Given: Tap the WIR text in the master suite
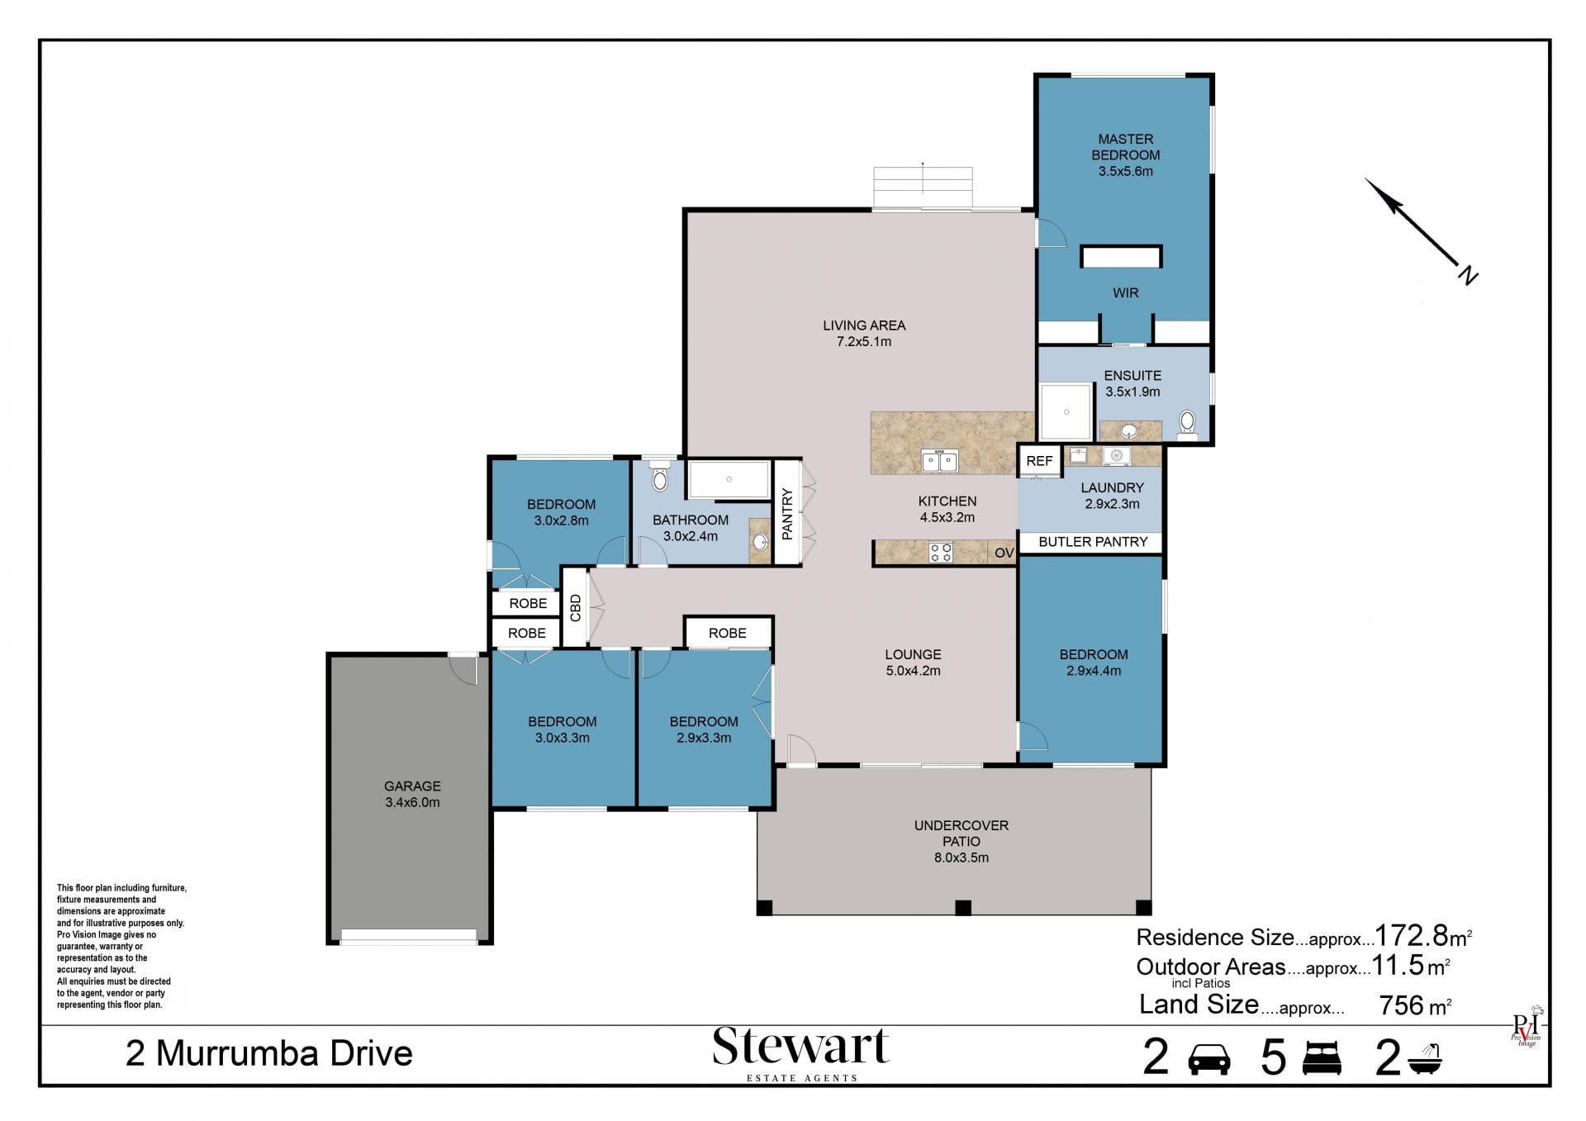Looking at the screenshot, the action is [1125, 293].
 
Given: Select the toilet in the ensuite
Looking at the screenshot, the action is [1187, 424].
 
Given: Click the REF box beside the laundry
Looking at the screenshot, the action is [1039, 461].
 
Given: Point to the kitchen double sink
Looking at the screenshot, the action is [940, 460].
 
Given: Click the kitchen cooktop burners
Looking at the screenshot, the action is [941, 552].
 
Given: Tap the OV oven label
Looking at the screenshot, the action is [1004, 553].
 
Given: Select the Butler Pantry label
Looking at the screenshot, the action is [1093, 542].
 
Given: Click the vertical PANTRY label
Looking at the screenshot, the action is [787, 513].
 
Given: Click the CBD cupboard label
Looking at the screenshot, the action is [576, 607].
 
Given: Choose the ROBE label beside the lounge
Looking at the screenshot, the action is [727, 633].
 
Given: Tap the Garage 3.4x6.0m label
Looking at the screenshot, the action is [412, 794].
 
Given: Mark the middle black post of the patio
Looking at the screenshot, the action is [962, 908].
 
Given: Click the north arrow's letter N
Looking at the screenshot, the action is [1468, 275].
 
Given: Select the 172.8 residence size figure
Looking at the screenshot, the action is [1412, 935].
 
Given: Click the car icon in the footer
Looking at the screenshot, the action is [1208, 1059].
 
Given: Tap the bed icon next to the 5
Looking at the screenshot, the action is [1322, 1058].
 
